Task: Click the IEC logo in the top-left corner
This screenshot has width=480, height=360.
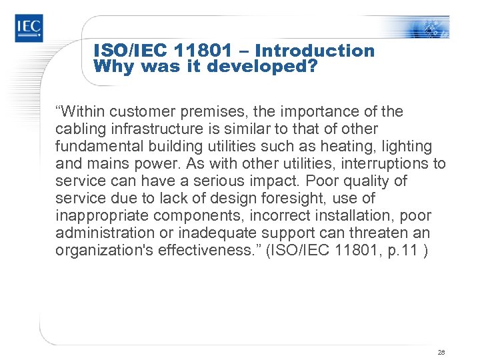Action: pos(29,27)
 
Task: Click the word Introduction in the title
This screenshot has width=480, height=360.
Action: pos(315,51)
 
